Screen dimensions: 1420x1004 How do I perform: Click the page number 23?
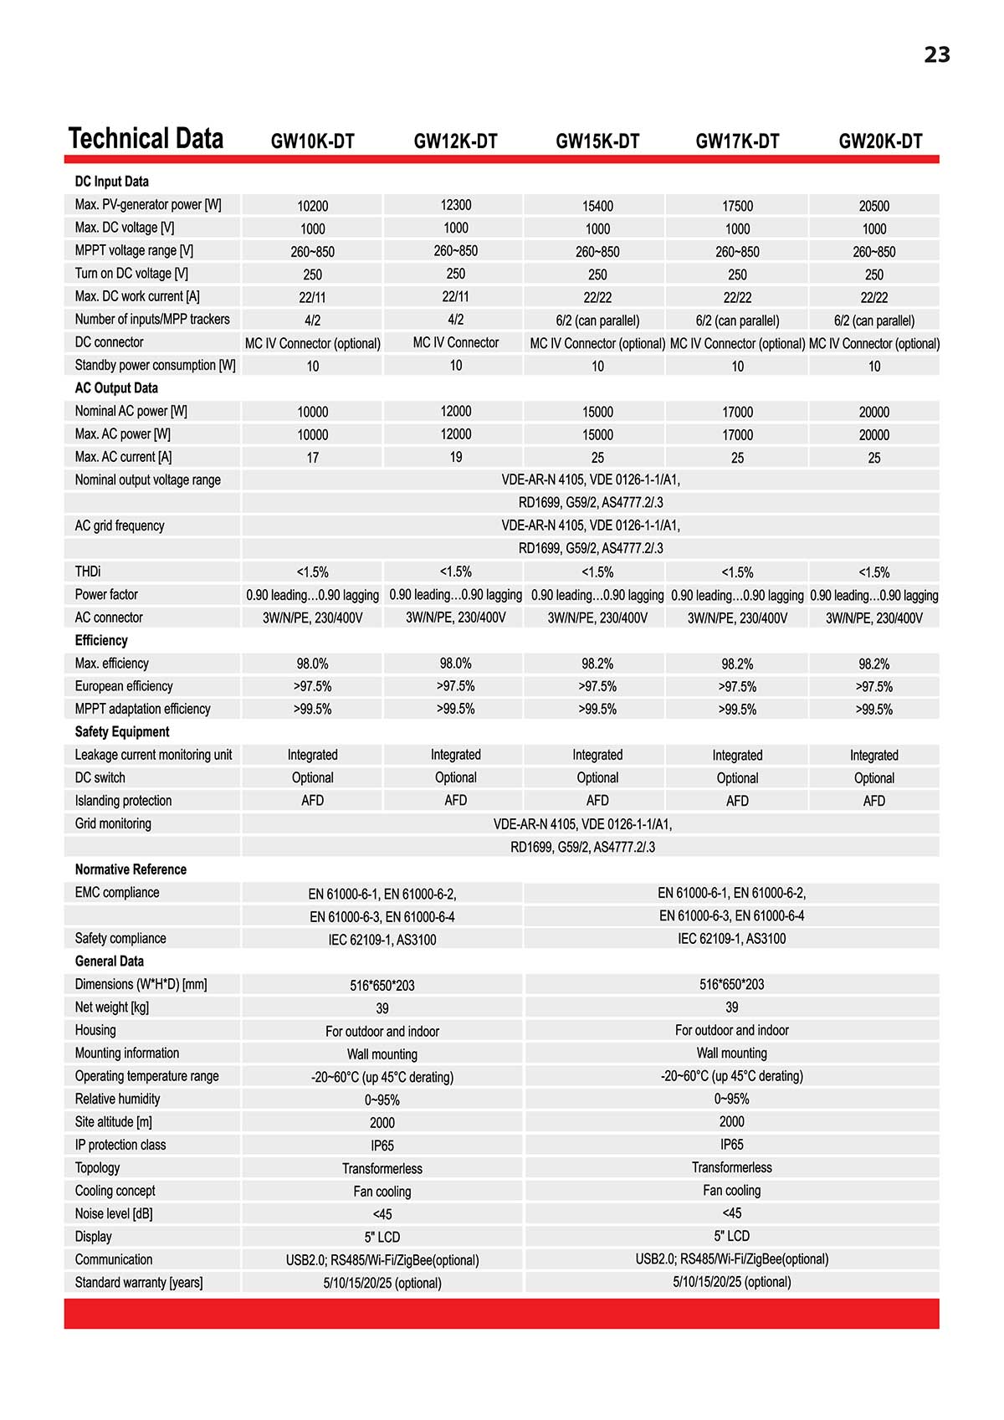(936, 55)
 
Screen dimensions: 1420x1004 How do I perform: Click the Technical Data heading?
(146, 139)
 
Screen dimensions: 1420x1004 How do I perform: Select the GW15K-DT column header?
(597, 141)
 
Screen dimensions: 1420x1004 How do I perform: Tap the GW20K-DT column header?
(880, 141)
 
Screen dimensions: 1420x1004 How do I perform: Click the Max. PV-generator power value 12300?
(455, 205)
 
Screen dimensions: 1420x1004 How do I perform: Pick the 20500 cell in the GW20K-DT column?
(873, 206)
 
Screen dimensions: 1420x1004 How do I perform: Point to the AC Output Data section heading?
(116, 388)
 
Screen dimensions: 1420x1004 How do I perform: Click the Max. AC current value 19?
(455, 457)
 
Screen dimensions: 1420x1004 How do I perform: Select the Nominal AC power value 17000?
(737, 412)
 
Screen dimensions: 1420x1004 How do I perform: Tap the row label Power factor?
(106, 594)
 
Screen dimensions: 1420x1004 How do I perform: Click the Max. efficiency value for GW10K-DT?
(312, 664)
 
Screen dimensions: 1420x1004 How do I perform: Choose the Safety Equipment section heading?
(122, 731)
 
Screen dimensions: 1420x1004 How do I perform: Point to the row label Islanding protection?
(123, 801)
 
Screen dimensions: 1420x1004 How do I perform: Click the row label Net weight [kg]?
(112, 1007)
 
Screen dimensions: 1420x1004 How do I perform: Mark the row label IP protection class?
(120, 1145)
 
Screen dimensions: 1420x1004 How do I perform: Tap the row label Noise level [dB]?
(114, 1213)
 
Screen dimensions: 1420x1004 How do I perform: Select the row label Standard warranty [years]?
(139, 1282)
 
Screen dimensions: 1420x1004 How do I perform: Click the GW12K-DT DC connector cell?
(455, 342)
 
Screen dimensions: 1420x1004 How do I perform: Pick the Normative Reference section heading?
(131, 869)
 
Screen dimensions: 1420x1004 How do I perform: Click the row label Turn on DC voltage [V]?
(131, 274)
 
